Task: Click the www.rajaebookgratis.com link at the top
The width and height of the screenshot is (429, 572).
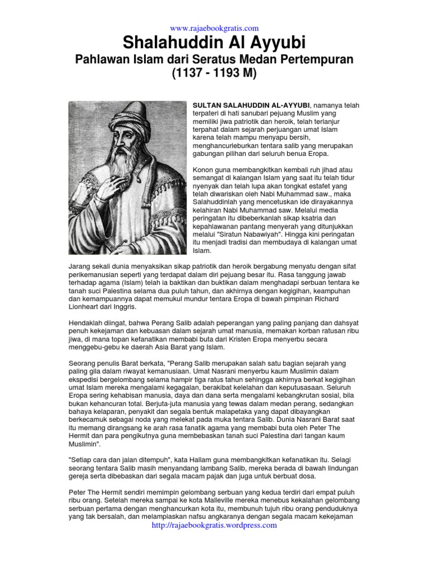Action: point(214,28)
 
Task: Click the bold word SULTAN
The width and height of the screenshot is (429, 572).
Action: point(207,104)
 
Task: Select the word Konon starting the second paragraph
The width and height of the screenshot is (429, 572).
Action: point(203,169)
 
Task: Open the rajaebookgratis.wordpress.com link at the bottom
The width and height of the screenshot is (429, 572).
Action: point(214,525)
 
